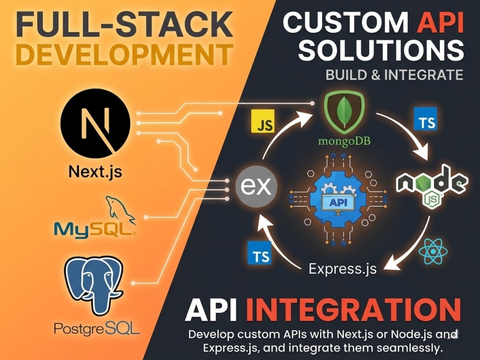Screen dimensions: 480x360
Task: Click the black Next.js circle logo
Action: click(95, 124)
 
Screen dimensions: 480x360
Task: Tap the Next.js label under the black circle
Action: click(95, 172)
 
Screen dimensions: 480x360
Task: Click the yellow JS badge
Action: click(263, 121)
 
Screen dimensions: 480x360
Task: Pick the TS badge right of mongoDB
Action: click(425, 119)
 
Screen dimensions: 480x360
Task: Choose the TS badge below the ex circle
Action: click(260, 253)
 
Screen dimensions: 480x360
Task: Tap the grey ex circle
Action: click(256, 186)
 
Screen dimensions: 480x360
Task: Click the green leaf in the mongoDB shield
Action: click(344, 111)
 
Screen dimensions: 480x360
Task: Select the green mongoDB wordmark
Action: click(344, 141)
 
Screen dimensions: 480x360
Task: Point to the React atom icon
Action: click(433, 252)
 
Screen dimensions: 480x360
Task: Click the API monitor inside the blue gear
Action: click(338, 203)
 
